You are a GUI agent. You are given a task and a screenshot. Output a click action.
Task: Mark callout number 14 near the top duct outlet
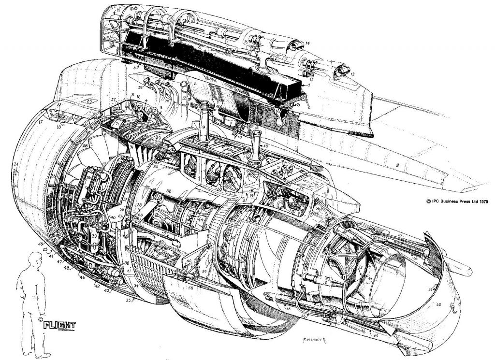tap(307, 43)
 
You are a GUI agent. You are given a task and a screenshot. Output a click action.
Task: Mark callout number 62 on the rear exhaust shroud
tap(439, 305)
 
